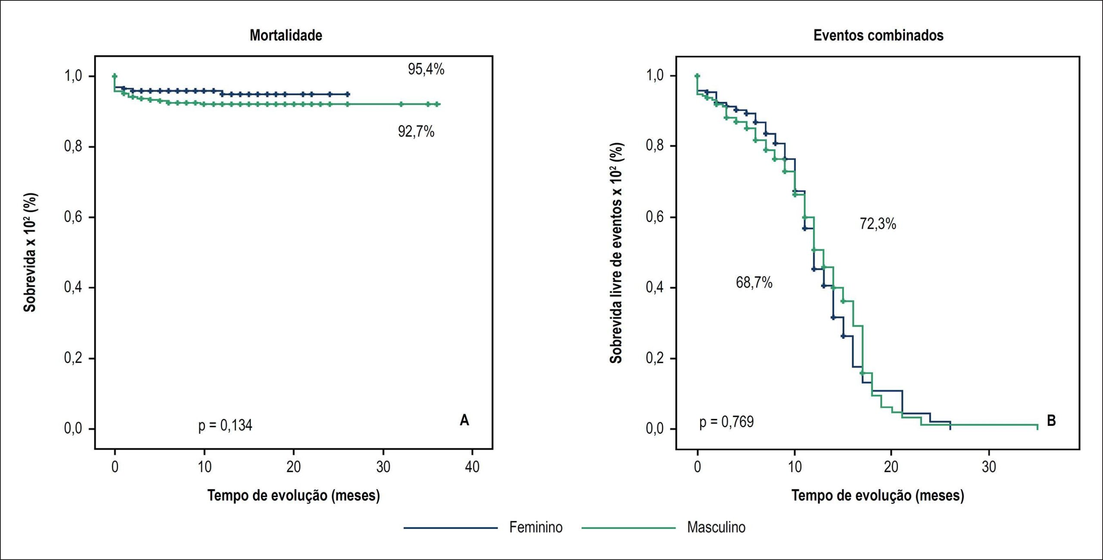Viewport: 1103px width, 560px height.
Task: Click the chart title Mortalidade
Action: coord(286,35)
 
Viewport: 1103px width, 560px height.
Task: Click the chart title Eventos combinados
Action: coord(878,35)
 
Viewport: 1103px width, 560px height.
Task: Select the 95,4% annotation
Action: coord(426,69)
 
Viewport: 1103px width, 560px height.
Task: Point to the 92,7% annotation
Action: coord(416,131)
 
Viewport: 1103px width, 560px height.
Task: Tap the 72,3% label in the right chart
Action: coord(878,224)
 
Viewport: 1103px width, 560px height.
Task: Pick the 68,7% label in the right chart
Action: coord(754,283)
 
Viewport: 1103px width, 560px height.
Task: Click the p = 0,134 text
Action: coord(225,425)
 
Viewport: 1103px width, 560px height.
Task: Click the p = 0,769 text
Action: coord(726,422)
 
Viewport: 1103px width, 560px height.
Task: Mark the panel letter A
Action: coord(464,420)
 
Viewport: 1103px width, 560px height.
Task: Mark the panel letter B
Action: coord(1051,420)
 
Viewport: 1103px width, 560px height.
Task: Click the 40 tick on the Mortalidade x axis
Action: coord(472,467)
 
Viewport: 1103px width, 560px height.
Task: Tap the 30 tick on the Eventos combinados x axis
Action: coord(989,467)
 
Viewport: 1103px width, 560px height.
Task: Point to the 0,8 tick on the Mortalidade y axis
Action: coord(73,147)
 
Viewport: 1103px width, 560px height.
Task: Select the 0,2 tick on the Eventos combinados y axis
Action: coord(654,358)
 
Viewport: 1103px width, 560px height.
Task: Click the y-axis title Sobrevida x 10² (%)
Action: coord(30,252)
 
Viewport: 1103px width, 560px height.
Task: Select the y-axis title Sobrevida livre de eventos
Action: coord(616,253)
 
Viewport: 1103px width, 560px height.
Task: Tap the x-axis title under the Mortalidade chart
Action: coord(294,496)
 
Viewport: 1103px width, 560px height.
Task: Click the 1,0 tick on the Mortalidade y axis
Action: coord(73,76)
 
